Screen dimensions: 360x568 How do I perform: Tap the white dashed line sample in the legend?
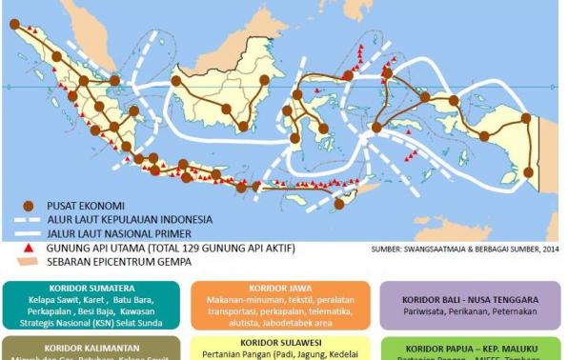pyautogui.click(x=30, y=220)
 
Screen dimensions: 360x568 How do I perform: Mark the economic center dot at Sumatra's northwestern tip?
pyautogui.click(x=15, y=25)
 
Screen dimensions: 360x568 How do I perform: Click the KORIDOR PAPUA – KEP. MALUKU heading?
pyautogui.click(x=470, y=350)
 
